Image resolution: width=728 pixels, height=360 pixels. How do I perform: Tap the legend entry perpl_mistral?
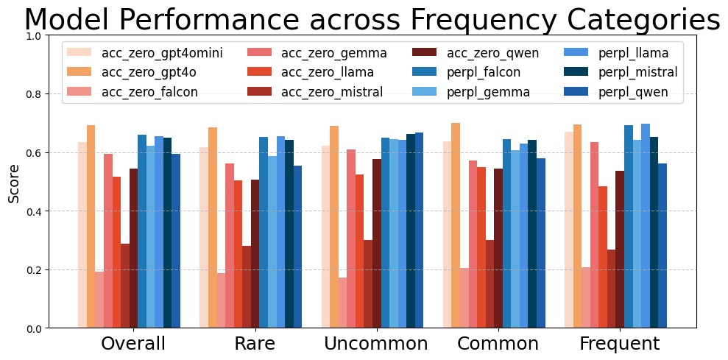point(637,72)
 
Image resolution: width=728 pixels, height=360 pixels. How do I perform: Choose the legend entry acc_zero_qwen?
point(492,53)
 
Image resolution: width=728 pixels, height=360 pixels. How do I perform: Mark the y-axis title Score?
point(14,182)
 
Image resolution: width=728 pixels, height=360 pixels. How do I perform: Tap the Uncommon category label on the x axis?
point(375,344)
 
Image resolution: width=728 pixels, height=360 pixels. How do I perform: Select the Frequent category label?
point(619,344)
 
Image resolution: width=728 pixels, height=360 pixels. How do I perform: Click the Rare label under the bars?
point(255,344)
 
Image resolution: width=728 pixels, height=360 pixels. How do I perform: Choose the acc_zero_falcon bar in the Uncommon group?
point(342,303)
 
